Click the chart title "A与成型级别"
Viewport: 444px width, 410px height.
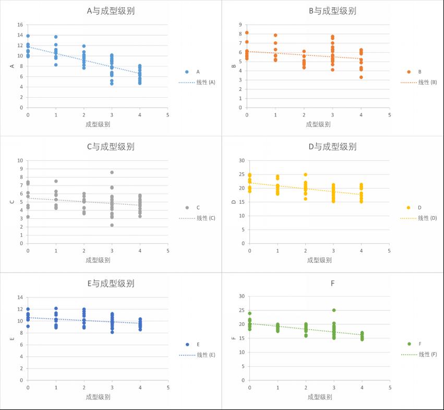[110, 10]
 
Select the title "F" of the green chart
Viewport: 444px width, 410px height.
[332, 283]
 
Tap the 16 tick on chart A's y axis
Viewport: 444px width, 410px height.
[19, 25]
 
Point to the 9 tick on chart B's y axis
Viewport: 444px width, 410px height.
[240, 25]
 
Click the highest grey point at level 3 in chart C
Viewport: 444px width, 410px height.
[112, 172]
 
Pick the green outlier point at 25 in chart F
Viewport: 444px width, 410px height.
[334, 310]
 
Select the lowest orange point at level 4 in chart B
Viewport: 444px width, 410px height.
[361, 77]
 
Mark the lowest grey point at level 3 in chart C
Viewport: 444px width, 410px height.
[112, 225]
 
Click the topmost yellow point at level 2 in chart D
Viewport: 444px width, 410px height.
[306, 174]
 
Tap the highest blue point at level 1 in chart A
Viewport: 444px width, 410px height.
[56, 37]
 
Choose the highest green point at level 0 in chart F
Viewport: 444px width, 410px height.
[250, 313]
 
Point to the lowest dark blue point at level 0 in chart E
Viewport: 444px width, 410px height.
[28, 326]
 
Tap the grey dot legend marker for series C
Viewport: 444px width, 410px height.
[187, 207]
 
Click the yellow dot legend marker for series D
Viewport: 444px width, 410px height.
[409, 207]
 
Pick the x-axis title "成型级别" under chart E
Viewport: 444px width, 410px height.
[98, 397]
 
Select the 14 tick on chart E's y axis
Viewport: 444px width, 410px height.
[19, 297]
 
